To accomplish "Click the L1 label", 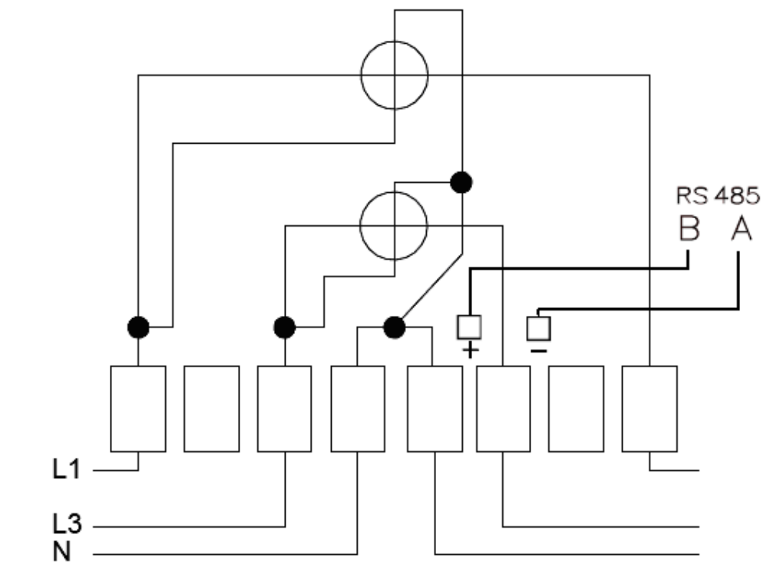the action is [x=66, y=469].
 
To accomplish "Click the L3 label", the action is [x=67, y=524].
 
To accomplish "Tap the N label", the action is [x=61, y=552].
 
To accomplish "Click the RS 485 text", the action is [x=718, y=196].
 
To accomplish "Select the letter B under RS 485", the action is [x=689, y=229].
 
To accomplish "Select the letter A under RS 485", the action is [x=741, y=229].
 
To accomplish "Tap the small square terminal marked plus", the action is [x=469, y=327].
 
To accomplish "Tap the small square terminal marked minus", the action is [x=539, y=329].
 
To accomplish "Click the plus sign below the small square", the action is [x=471, y=351].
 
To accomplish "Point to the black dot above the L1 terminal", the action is [x=138, y=327].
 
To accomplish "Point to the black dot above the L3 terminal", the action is [x=285, y=327].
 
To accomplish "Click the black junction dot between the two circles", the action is [x=461, y=182].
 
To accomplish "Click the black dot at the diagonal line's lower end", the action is [x=395, y=327].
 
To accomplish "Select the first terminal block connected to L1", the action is [x=138, y=410].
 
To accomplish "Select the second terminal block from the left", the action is [x=212, y=410].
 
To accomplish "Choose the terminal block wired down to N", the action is [x=358, y=410].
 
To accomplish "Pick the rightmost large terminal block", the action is [x=649, y=410].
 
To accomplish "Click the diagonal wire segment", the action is [x=431, y=287].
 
